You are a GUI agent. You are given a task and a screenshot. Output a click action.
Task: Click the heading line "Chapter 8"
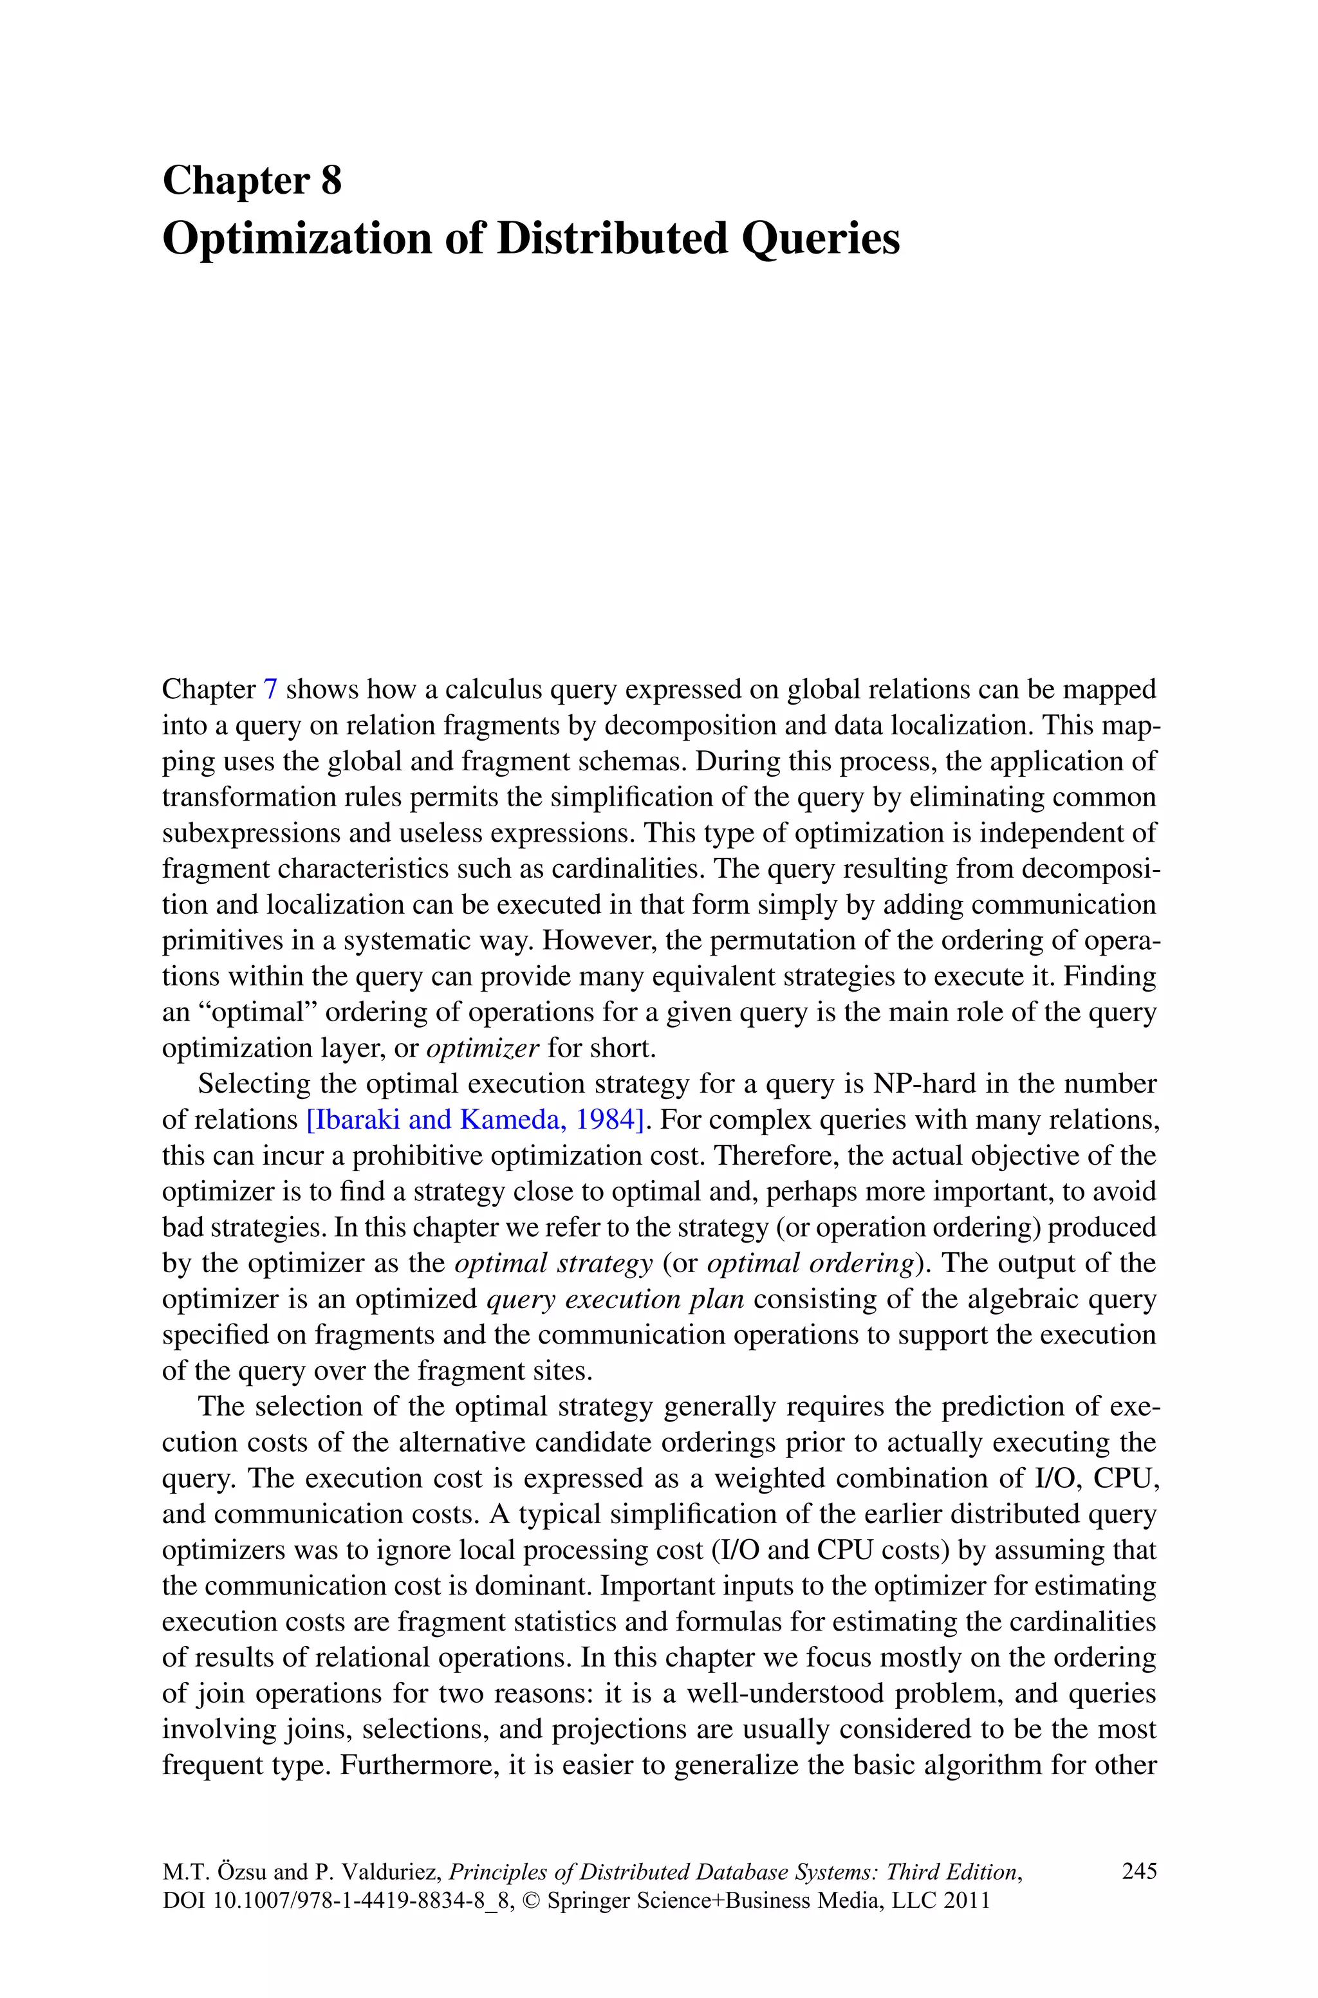252,181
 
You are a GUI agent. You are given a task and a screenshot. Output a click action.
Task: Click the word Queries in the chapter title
821,239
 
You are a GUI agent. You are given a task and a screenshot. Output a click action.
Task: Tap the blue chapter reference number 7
270,689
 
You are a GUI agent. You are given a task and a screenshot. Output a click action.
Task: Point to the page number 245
1139,1871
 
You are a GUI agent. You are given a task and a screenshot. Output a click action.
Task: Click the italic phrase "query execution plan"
615,1299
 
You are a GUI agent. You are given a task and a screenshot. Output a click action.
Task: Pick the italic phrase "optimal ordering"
810,1263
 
